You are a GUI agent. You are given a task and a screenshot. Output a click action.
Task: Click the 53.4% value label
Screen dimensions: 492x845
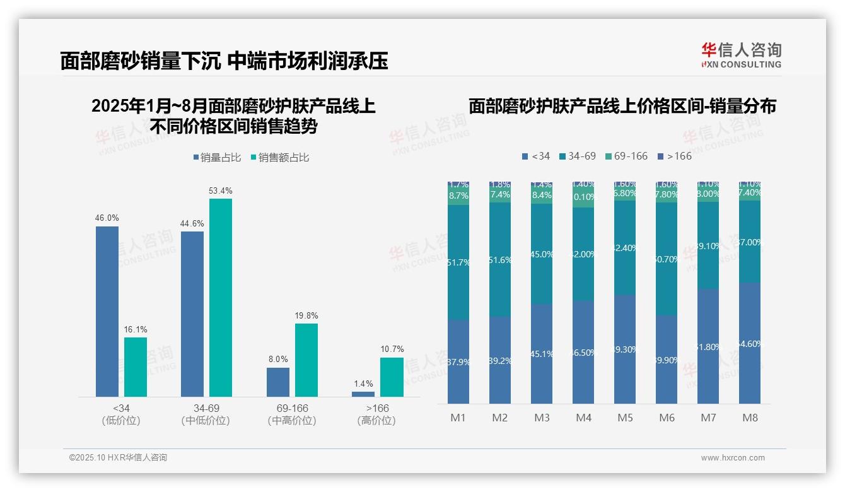221,190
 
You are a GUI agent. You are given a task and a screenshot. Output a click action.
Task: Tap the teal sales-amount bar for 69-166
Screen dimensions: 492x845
306,360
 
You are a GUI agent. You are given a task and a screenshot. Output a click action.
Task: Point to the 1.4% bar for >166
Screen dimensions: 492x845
363,394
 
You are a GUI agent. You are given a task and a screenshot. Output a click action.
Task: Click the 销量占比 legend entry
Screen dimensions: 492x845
217,158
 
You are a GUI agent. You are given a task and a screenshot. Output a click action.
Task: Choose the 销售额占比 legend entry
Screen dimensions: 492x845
280,158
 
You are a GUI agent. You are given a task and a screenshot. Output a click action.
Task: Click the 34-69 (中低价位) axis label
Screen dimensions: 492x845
206,414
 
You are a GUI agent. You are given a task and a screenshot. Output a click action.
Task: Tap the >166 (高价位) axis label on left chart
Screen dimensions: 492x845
376,414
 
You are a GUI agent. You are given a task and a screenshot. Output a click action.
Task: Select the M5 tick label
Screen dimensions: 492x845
625,418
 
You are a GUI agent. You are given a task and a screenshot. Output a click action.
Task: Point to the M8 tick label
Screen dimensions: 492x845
750,418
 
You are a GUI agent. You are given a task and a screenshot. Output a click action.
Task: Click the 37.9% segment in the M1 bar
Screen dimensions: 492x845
458,362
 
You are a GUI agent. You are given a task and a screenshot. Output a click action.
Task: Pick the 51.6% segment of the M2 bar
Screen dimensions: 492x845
500,260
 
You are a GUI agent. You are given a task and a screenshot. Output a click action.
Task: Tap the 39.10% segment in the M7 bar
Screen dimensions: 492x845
708,246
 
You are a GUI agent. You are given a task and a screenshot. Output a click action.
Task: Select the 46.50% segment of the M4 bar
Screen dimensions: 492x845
583,352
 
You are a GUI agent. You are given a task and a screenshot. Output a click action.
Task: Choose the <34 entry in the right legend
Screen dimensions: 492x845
536,156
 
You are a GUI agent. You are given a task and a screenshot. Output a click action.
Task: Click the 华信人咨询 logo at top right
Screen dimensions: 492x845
741,55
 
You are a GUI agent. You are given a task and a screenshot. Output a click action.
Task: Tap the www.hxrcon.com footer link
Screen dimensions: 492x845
733,458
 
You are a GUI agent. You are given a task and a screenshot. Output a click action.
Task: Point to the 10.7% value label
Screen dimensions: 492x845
392,349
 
